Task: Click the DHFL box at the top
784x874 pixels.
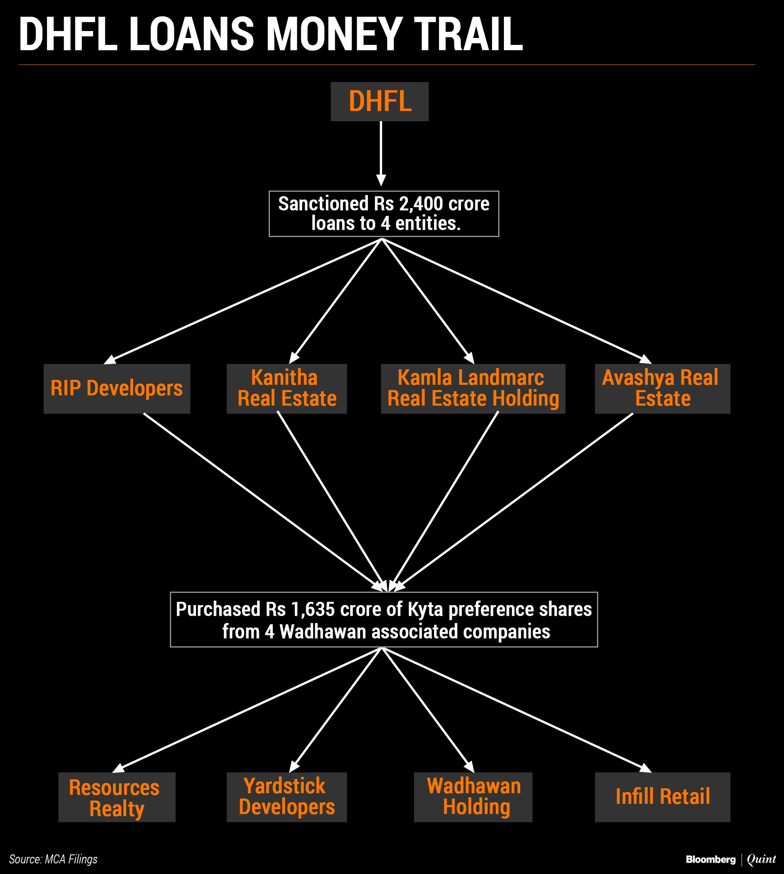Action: click(x=379, y=102)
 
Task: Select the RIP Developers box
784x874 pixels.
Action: click(x=117, y=388)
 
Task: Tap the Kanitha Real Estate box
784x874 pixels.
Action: click(x=287, y=388)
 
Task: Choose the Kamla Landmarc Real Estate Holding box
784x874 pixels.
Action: click(x=472, y=388)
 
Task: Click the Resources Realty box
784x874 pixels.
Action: click(x=117, y=797)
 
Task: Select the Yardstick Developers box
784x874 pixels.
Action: click(x=287, y=797)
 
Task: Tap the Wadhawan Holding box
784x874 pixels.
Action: click(x=473, y=797)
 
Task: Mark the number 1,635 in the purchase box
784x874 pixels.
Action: click(x=312, y=610)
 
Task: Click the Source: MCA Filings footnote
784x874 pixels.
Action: click(x=53, y=859)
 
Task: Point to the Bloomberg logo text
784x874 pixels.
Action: click(x=710, y=859)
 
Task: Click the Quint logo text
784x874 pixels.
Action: click(x=761, y=859)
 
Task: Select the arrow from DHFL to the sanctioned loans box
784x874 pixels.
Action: click(x=381, y=153)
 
